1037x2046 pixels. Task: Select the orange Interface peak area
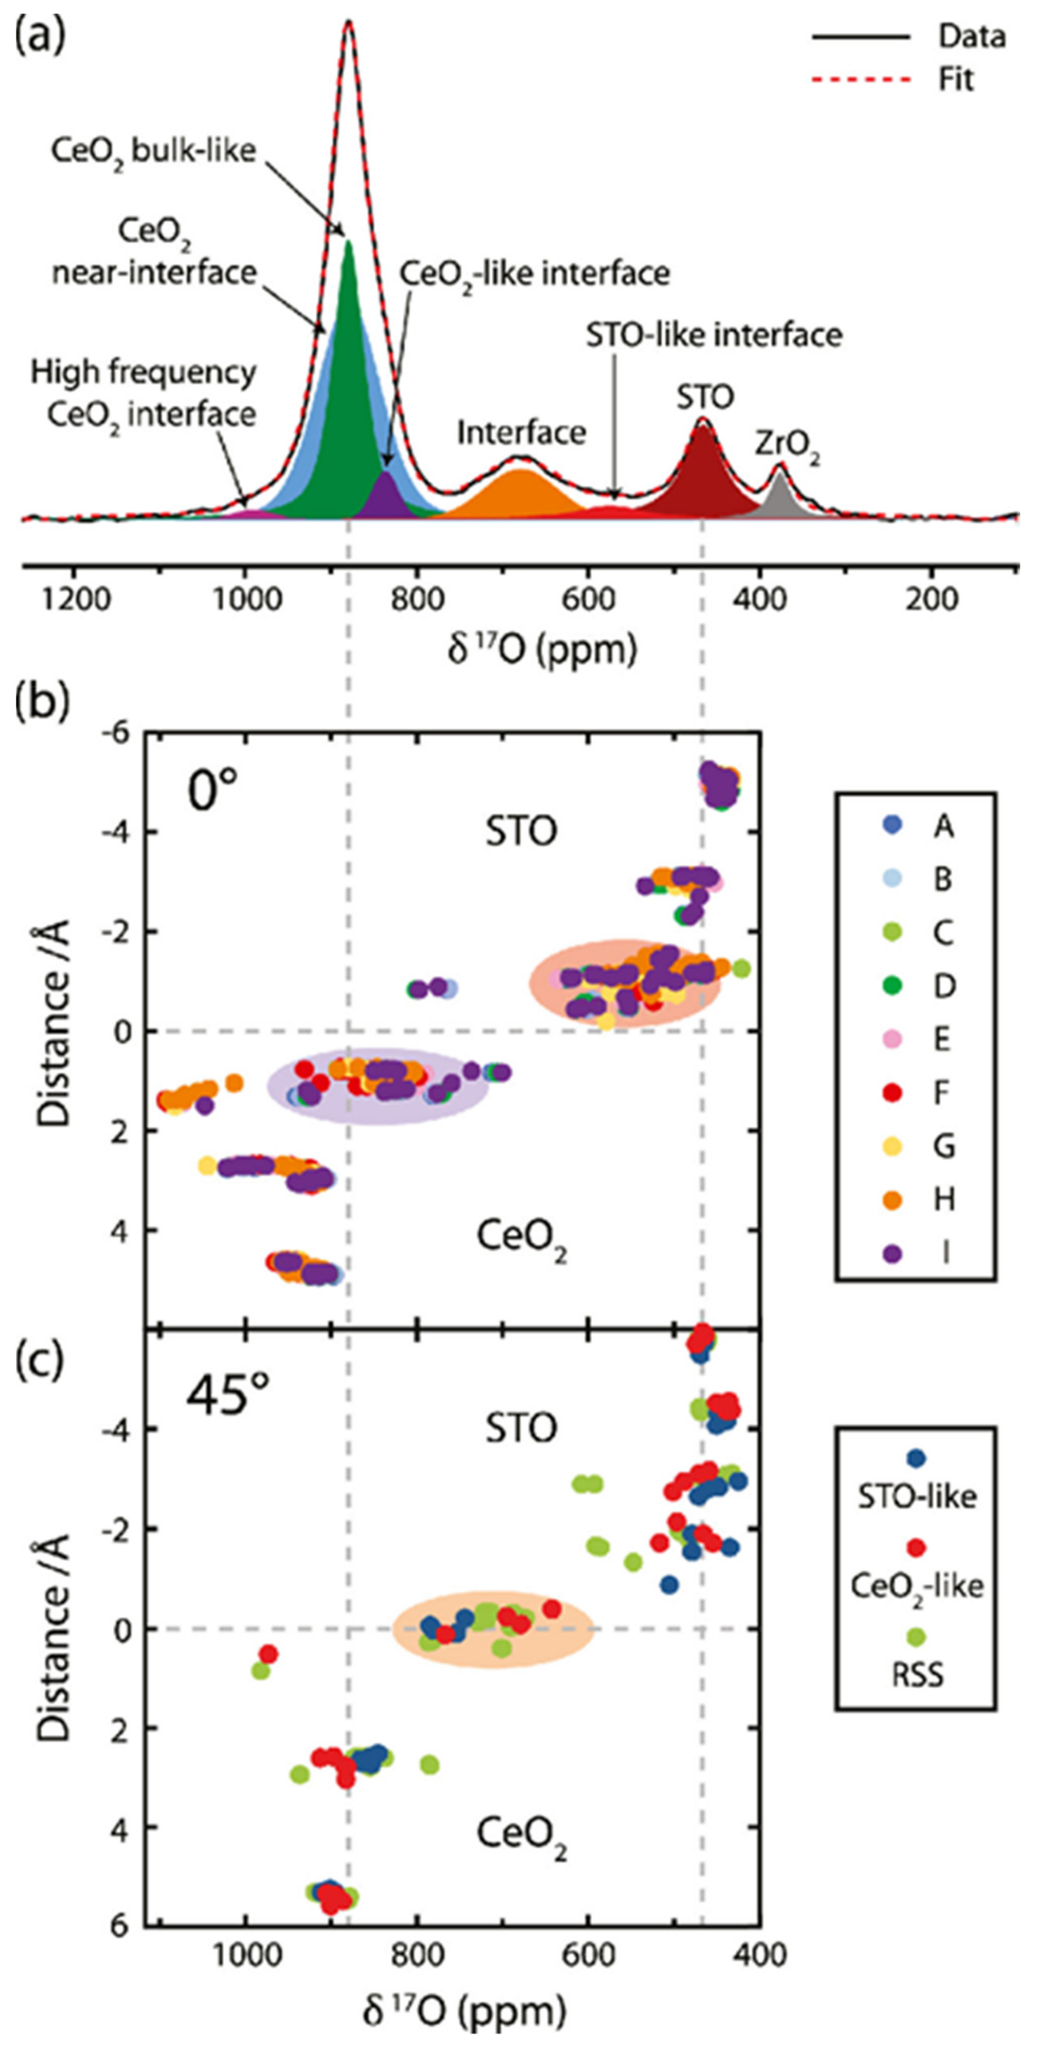[521, 493]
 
